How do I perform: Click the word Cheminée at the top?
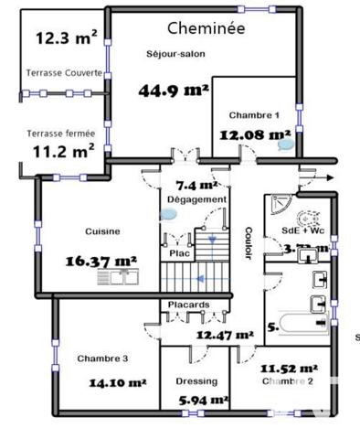tap(207, 28)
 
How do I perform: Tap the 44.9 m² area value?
tap(174, 90)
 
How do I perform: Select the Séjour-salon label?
tap(175, 54)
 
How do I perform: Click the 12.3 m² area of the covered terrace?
tap(67, 38)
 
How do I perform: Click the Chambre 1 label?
tap(254, 115)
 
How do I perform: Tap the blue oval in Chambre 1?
tap(286, 144)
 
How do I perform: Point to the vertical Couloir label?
tap(247, 242)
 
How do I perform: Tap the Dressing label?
tap(196, 381)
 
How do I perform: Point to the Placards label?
tap(188, 305)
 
